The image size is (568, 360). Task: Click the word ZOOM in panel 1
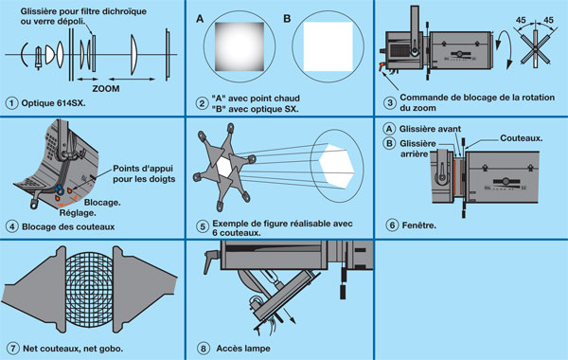106,88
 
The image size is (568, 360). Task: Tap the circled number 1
11,103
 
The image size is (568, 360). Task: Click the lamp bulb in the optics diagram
38,57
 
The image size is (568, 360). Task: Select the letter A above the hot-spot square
200,19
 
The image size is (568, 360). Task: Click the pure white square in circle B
328,46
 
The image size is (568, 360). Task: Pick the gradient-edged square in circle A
240,46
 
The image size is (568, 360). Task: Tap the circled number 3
390,102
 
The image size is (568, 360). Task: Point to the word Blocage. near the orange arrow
102,203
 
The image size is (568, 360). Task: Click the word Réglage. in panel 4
78,213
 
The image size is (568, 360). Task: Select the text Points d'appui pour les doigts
144,173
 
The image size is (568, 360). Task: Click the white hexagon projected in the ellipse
336,166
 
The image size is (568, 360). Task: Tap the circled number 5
203,227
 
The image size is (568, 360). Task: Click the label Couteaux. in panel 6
522,138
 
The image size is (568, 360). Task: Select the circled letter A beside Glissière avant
389,129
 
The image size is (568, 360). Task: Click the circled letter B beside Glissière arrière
389,144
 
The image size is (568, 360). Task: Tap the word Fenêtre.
419,225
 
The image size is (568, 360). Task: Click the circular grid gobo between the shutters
89,289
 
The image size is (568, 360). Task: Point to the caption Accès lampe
243,349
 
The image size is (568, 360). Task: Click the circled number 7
13,349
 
